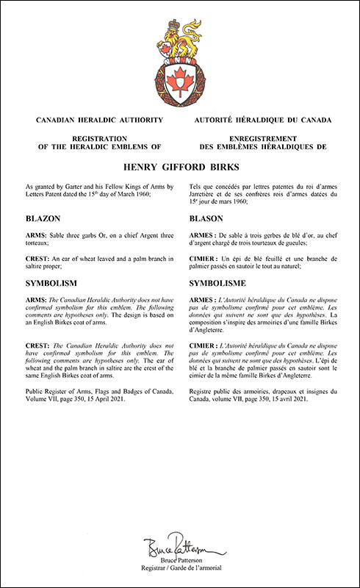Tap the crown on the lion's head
point(176,26)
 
